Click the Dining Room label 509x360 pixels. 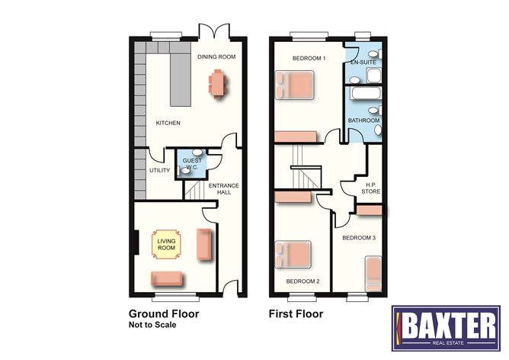coord(216,56)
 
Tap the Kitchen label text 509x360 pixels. coord(168,123)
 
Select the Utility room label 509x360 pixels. coord(159,171)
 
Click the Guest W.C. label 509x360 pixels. coord(193,164)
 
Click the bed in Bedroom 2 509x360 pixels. coord(294,254)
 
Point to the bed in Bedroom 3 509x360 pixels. coord(374,274)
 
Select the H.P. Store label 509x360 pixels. coord(370,188)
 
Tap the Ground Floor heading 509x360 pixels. coord(164,313)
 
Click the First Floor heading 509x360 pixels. coord(296,313)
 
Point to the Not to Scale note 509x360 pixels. coord(152,325)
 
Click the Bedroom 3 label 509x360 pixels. coord(358,239)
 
